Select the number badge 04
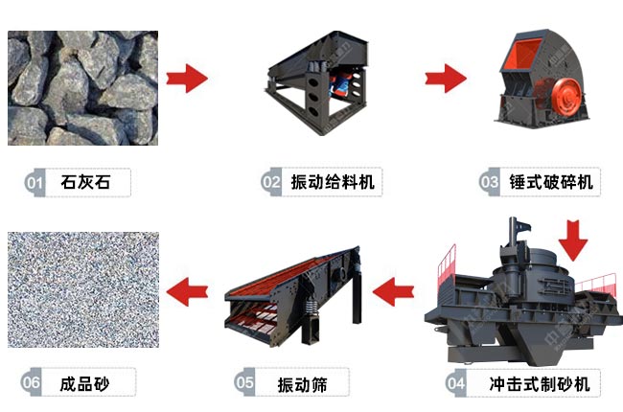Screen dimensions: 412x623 (456, 384)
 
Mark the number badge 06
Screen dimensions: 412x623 (32, 384)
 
